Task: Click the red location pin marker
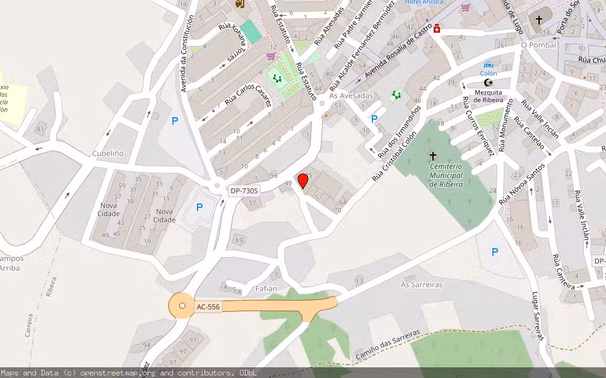point(303,181)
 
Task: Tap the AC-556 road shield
point(208,307)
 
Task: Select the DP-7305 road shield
point(244,191)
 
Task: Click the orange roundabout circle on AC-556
point(182,306)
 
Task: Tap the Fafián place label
point(266,289)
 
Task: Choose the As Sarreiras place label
point(422,284)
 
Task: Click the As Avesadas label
point(352,96)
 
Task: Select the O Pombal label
point(538,45)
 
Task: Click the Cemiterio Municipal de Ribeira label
point(446,175)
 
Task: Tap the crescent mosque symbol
point(487,83)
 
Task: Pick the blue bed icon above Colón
point(488,65)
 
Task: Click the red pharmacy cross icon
point(436,28)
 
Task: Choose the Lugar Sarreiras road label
point(538,316)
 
